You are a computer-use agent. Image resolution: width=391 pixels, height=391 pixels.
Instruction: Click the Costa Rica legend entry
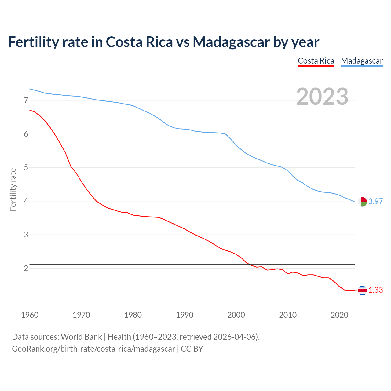[x=316, y=61]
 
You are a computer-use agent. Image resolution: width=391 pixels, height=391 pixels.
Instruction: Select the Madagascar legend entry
[x=362, y=61]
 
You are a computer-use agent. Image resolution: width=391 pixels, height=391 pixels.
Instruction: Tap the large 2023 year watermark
[x=322, y=97]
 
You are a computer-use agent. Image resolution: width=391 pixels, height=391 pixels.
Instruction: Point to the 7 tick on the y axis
[x=26, y=100]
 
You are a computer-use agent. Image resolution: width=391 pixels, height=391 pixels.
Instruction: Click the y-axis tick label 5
[x=26, y=167]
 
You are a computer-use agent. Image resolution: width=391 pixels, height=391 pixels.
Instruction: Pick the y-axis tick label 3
[x=26, y=235]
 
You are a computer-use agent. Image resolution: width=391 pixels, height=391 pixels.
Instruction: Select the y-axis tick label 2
[x=26, y=268]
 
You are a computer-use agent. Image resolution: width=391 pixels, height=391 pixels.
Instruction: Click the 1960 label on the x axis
[x=30, y=315]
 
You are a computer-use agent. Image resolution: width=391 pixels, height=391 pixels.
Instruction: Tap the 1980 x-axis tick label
[x=133, y=315]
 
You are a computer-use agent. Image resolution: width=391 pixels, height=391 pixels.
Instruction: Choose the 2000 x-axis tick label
[x=236, y=315]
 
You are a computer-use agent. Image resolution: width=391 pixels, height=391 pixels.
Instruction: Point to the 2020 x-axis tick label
[x=339, y=315]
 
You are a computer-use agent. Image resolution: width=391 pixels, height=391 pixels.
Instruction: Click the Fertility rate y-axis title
[x=13, y=189]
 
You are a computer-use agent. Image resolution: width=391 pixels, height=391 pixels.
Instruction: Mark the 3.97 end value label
[x=375, y=201]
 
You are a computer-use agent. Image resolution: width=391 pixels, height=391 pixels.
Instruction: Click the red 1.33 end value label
[x=375, y=290]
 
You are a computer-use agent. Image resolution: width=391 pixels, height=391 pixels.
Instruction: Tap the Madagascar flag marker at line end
[x=362, y=202]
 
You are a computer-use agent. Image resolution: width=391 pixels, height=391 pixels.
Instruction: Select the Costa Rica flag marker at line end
[x=362, y=291]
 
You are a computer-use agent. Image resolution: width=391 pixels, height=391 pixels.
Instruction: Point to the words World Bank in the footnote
[x=81, y=337]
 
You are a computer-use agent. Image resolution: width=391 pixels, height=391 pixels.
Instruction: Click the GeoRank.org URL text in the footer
[x=93, y=349]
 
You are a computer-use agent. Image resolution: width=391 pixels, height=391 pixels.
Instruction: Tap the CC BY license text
[x=192, y=349]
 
